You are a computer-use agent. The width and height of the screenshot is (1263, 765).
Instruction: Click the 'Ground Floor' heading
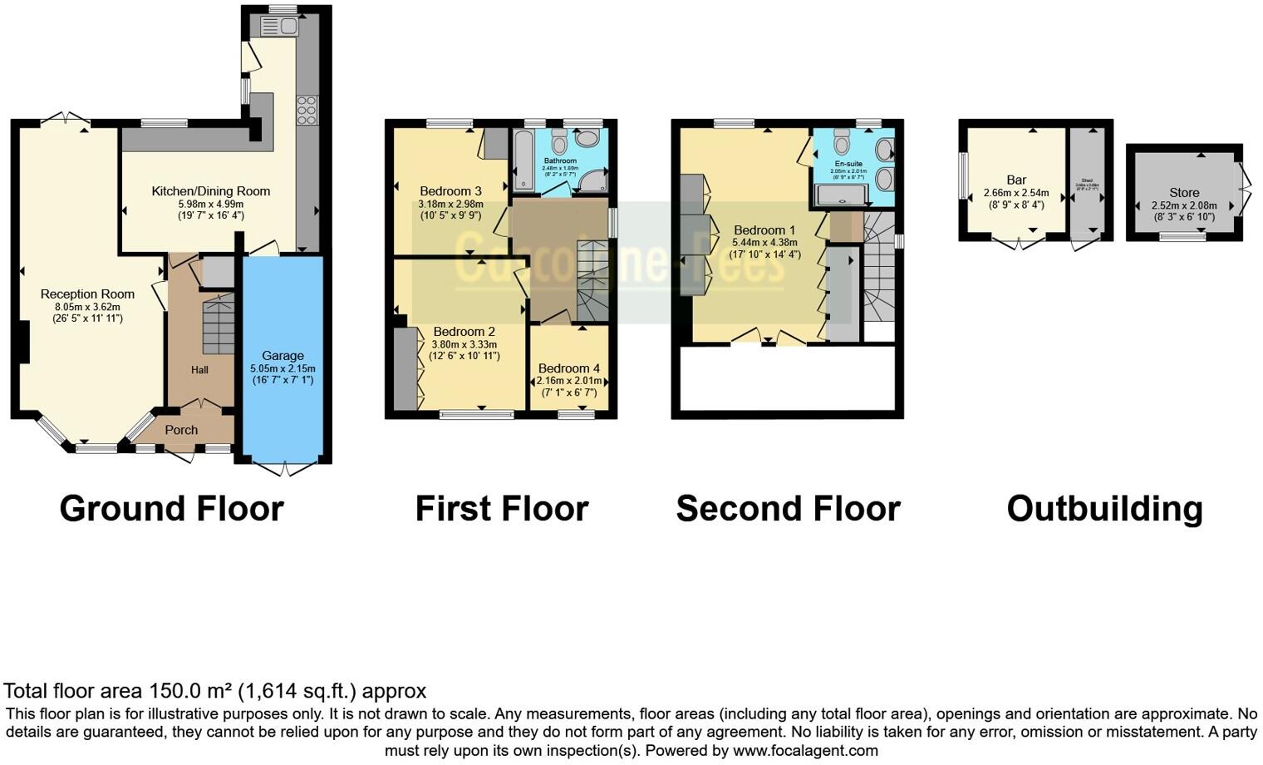[171, 508]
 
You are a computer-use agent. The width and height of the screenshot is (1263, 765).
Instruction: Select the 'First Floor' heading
[501, 508]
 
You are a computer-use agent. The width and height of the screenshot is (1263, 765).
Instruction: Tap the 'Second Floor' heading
[788, 508]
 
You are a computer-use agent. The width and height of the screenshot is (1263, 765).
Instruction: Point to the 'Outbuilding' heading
[1104, 508]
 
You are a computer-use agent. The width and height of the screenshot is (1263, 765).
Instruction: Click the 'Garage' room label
[283, 355]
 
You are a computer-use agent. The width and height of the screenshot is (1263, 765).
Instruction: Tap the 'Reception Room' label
[87, 294]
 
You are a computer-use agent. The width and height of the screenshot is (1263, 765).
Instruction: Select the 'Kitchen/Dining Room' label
[210, 191]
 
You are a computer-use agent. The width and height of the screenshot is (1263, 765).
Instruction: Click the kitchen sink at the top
[279, 27]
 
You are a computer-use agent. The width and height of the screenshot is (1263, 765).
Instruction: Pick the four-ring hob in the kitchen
[307, 110]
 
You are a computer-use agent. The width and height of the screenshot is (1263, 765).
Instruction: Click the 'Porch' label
[181, 430]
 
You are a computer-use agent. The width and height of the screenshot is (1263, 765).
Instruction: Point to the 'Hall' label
[199, 370]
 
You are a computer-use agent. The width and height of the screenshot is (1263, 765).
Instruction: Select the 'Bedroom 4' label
[568, 368]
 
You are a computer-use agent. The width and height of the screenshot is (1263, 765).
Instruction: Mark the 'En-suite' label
[848, 164]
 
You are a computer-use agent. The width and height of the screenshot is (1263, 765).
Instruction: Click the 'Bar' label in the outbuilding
[1016, 180]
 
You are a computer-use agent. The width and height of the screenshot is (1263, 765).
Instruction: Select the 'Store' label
[1184, 192]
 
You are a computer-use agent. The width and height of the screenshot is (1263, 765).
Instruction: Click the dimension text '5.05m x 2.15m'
[283, 368]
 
